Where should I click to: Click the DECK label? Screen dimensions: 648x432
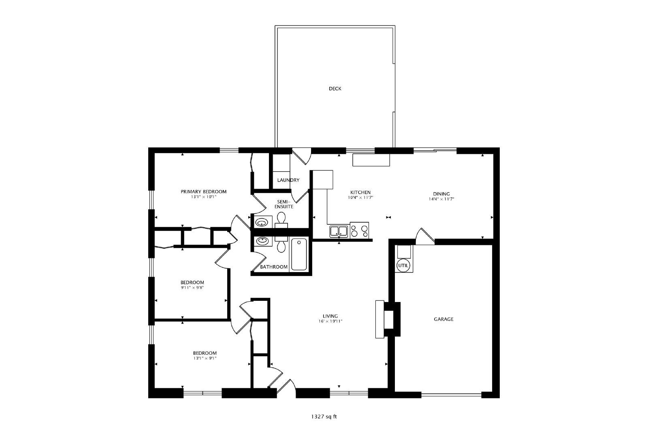click(335, 89)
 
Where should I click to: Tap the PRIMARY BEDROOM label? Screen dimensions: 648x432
click(204, 192)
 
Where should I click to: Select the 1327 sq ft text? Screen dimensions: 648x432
click(324, 417)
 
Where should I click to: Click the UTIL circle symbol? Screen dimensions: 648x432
click(403, 266)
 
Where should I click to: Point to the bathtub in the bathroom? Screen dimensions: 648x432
click(299, 254)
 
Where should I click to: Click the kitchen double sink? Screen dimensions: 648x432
click(339, 231)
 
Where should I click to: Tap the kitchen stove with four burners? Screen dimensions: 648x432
click(359, 230)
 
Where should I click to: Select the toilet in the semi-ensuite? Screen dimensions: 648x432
click(281, 220)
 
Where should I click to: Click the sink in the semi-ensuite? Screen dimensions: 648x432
click(263, 222)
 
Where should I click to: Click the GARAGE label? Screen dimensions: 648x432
click(443, 319)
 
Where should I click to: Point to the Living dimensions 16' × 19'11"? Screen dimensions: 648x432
click(330, 321)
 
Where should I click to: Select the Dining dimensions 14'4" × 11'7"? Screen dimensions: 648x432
click(441, 199)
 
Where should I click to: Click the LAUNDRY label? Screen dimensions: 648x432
click(288, 180)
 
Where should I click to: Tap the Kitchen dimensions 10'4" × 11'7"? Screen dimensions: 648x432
click(360, 198)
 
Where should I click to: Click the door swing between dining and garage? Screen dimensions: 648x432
click(425, 236)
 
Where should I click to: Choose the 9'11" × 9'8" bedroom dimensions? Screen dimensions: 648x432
click(192, 287)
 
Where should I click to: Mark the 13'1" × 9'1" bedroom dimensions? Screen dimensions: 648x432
click(205, 358)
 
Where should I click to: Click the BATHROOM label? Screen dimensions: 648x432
click(274, 267)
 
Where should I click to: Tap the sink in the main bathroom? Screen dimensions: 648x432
click(263, 240)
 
